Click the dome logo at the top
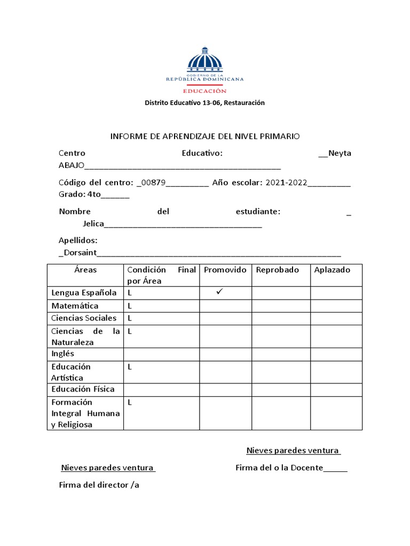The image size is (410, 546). (204, 60)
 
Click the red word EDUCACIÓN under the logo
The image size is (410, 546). (204, 91)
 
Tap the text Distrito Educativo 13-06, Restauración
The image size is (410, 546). (204, 103)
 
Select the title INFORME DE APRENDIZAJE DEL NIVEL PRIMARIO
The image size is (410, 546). (205, 136)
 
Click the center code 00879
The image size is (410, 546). (153, 183)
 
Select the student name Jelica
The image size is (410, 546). (93, 223)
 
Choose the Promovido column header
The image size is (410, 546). (225, 270)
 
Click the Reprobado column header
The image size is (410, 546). (277, 270)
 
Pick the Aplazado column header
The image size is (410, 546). (332, 270)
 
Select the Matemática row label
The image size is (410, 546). (75, 306)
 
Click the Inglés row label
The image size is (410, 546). (63, 354)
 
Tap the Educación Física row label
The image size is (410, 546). (83, 389)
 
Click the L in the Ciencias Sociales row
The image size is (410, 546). (130, 318)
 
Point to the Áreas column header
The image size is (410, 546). (85, 270)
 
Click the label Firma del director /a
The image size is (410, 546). (99, 485)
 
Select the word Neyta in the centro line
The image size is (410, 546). (340, 154)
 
